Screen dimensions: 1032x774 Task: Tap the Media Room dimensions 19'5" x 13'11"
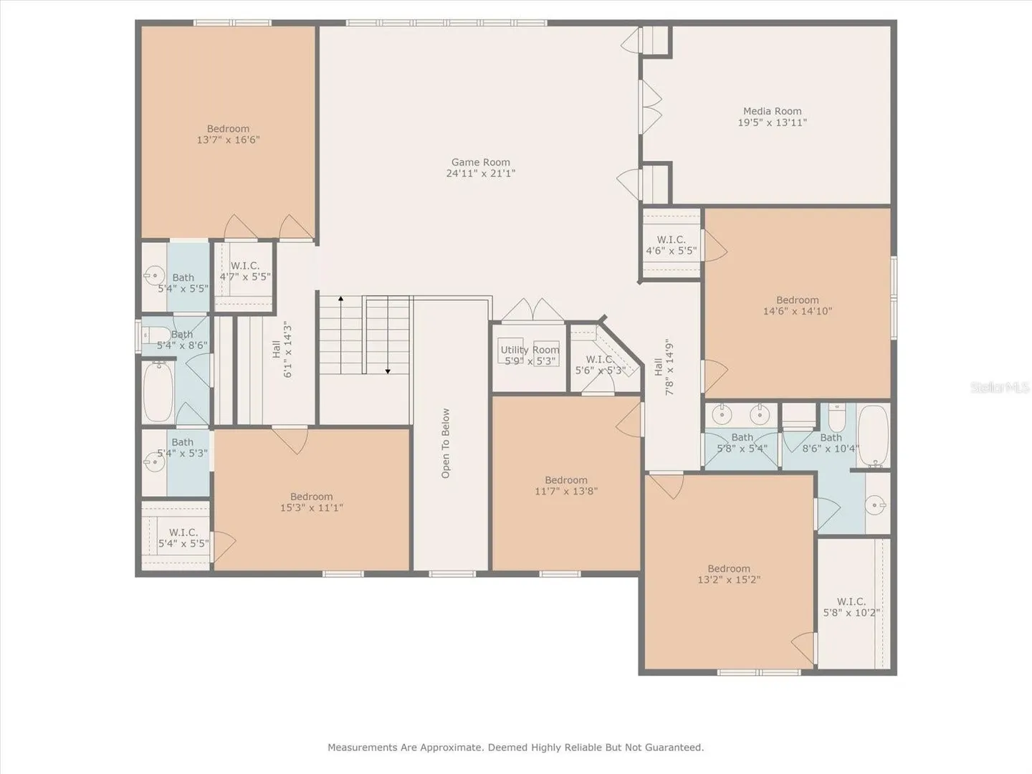pos(772,123)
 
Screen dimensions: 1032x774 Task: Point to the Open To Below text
pos(446,443)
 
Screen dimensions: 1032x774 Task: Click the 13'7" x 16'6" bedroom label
pos(228,135)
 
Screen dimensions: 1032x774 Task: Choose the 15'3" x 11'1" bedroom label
pos(311,502)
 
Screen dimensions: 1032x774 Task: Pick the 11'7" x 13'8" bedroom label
pos(566,485)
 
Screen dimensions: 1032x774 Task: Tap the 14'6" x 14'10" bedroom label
pos(798,305)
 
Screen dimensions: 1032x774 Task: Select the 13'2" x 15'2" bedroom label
pos(729,574)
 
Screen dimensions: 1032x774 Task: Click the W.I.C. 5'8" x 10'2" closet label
pos(851,607)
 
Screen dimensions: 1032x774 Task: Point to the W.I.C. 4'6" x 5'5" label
pos(671,245)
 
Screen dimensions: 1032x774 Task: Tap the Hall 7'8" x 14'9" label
pos(664,366)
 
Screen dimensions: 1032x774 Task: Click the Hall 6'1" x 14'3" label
pos(282,349)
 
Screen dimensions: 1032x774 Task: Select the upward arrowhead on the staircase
pos(341,298)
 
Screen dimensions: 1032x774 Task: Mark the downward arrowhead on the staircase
pos(388,371)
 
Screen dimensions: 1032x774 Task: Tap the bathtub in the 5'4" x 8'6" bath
pos(158,392)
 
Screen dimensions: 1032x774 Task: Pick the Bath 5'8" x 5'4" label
pos(742,443)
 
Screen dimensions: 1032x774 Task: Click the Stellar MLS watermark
pos(1000,387)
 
